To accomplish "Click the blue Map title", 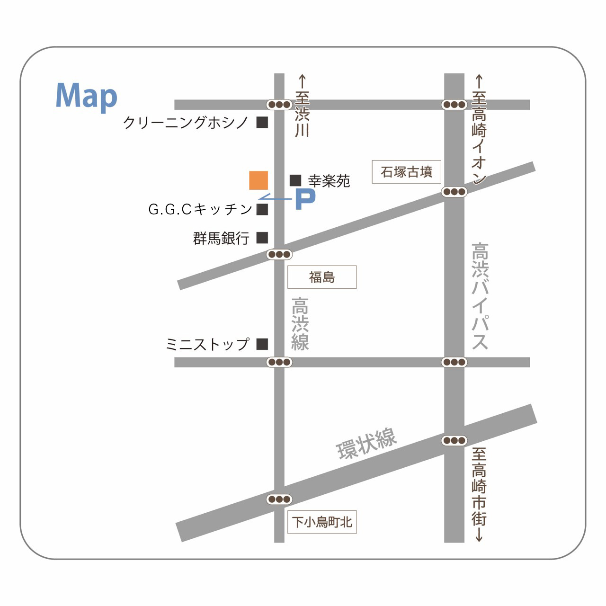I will (x=86, y=97).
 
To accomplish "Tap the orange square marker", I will (x=258, y=180).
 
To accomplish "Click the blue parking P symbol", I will (x=305, y=199).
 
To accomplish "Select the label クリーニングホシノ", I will (x=186, y=123).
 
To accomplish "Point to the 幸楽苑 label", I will (x=329, y=181).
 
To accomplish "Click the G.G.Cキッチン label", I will (x=200, y=209).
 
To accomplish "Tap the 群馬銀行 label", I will (x=221, y=238).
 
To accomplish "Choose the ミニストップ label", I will (x=207, y=344).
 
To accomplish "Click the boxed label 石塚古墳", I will (x=406, y=172).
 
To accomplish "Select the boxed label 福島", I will (x=322, y=277).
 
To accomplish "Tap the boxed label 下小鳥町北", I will (x=322, y=522).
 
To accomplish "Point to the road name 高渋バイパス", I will (x=480, y=296).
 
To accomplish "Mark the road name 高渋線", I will (x=300, y=324).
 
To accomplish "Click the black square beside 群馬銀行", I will (x=262, y=238).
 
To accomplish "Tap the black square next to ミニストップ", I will (x=262, y=344).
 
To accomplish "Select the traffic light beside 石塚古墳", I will (x=454, y=192).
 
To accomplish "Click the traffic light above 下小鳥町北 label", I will (x=279, y=499).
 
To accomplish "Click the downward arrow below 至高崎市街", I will (x=479, y=535).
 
